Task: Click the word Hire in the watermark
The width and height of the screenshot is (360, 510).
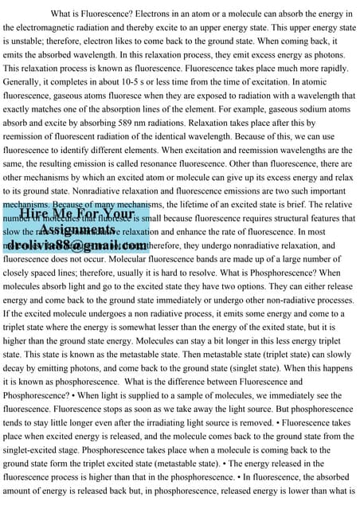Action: pos(37,214)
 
